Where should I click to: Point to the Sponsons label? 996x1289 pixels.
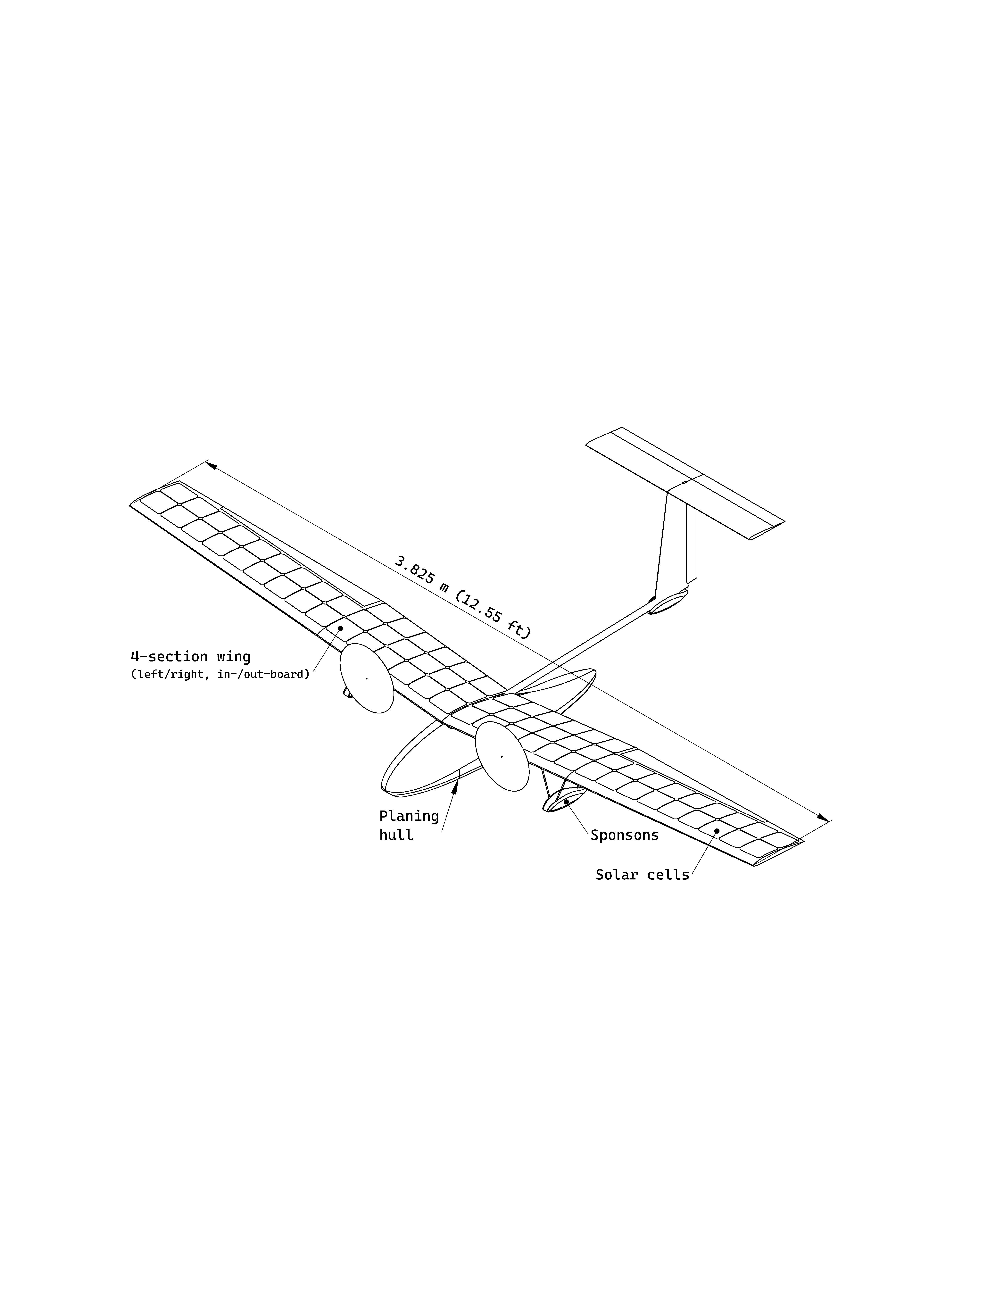point(624,835)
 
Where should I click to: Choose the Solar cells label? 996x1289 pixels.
point(642,875)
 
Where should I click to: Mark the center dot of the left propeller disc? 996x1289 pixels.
point(366,678)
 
